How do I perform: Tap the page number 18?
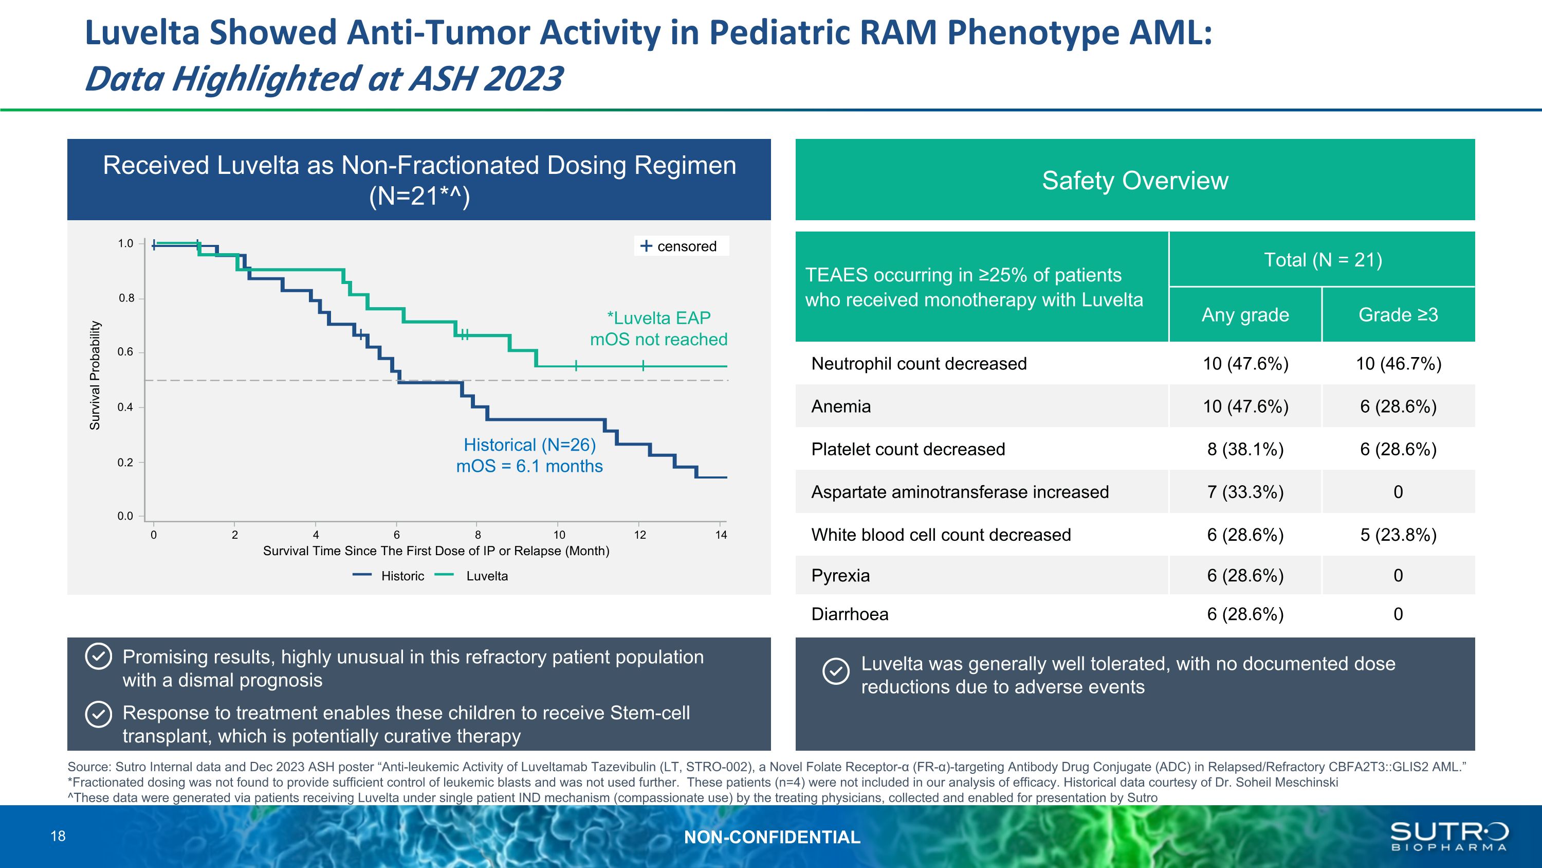click(x=58, y=836)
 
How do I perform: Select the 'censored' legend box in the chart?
click(x=681, y=246)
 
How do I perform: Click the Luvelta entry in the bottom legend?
click(x=486, y=576)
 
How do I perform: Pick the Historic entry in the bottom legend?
click(x=401, y=576)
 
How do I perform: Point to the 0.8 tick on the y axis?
click(x=126, y=298)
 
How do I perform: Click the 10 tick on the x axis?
click(x=559, y=535)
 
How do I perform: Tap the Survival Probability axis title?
click(x=95, y=376)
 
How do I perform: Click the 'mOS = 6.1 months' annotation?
click(x=529, y=466)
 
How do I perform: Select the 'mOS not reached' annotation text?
click(x=658, y=340)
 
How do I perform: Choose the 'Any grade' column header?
click(x=1245, y=315)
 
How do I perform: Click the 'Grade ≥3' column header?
click(x=1398, y=315)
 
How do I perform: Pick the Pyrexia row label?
click(x=840, y=576)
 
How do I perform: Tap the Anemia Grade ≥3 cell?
click(x=1398, y=407)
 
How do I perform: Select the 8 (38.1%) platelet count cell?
click(x=1245, y=449)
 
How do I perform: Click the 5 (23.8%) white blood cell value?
click(x=1398, y=535)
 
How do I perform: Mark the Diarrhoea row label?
click(x=850, y=614)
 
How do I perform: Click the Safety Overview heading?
click(x=1135, y=180)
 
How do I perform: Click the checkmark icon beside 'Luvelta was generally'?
click(x=836, y=671)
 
